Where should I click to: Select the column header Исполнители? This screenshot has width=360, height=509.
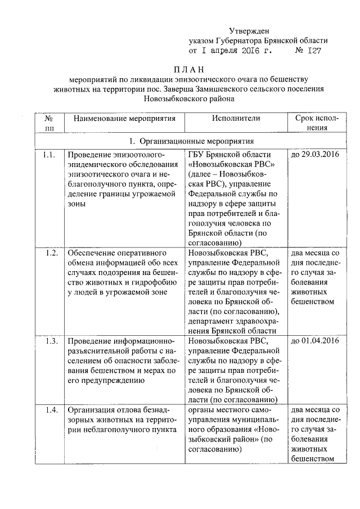(236, 119)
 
